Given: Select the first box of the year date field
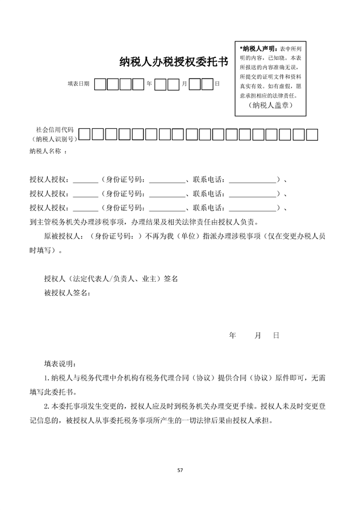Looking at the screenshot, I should click(x=100, y=84).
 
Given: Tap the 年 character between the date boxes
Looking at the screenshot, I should click(x=149, y=84).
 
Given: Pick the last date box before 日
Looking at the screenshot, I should click(x=207, y=84).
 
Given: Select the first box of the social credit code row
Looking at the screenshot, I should click(x=84, y=135).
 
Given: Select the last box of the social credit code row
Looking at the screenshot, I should click(x=312, y=135).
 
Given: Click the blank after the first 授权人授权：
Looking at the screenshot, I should click(x=86, y=180).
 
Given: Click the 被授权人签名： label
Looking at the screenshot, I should click(x=67, y=293).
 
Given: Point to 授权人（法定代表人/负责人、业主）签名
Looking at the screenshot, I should click(x=111, y=279).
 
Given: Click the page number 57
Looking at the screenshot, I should click(x=180, y=470).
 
